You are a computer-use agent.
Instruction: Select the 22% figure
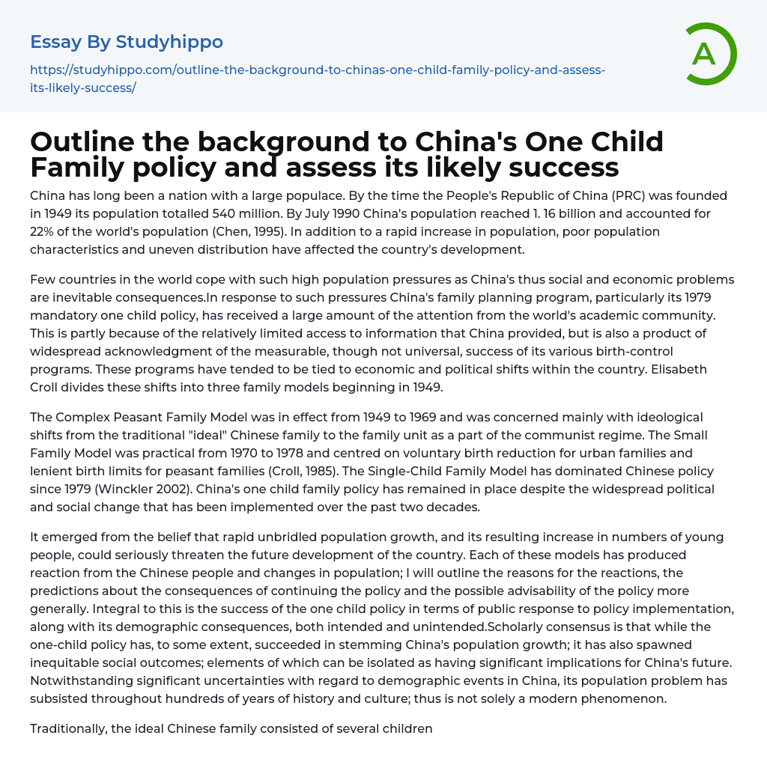click(45, 231)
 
